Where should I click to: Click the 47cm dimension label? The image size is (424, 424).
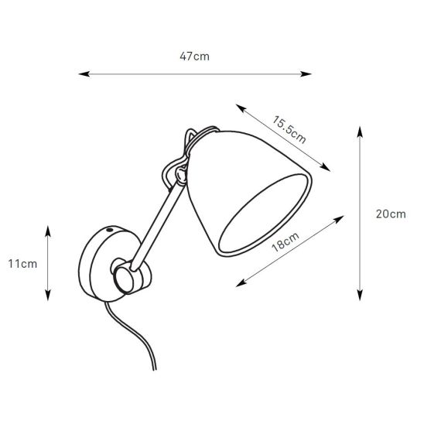click(x=194, y=56)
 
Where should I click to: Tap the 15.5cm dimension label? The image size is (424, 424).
click(x=289, y=129)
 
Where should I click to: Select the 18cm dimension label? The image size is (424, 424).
click(x=286, y=242)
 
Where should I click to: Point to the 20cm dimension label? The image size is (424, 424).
click(x=391, y=214)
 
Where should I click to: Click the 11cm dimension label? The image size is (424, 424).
click(x=22, y=264)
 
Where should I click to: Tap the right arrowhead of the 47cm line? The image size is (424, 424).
click(x=306, y=74)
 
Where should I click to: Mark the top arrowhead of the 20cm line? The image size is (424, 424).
click(x=360, y=132)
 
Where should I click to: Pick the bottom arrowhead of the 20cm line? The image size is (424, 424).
click(x=360, y=295)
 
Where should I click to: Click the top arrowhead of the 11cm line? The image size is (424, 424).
click(x=48, y=231)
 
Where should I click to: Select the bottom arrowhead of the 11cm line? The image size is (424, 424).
click(x=48, y=295)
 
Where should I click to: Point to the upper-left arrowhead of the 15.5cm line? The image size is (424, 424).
click(x=241, y=108)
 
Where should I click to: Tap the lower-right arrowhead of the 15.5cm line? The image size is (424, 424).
click(x=325, y=167)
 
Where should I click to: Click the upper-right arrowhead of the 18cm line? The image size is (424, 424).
click(x=339, y=219)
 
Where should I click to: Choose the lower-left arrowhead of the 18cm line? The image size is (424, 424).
click(x=241, y=282)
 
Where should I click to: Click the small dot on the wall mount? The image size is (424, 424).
click(x=110, y=230)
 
